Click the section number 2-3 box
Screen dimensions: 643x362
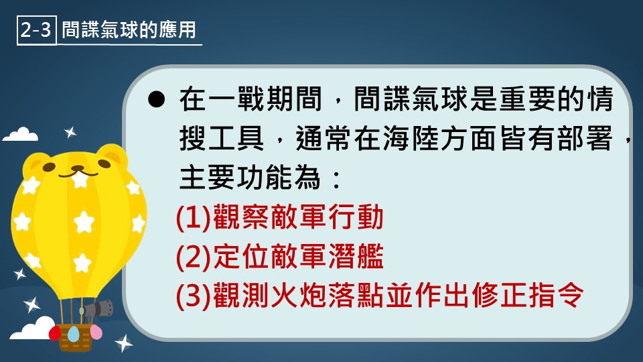[36, 30]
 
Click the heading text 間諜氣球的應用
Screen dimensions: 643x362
[129, 30]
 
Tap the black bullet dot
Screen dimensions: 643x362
[156, 100]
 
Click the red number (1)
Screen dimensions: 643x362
[194, 217]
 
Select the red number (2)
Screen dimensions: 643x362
[194, 257]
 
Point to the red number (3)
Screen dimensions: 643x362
[194, 296]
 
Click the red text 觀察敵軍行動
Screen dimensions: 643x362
[298, 217]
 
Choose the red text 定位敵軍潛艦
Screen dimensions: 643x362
[298, 257]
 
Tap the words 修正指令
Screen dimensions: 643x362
[527, 295]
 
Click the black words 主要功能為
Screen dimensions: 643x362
[250, 178]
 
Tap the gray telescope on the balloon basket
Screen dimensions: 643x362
[100, 308]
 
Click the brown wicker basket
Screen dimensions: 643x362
[74, 337]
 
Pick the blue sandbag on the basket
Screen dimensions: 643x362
[74, 334]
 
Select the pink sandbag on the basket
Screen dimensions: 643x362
[96, 332]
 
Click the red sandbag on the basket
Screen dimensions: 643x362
[54, 333]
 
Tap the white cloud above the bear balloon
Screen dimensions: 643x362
[21, 135]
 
